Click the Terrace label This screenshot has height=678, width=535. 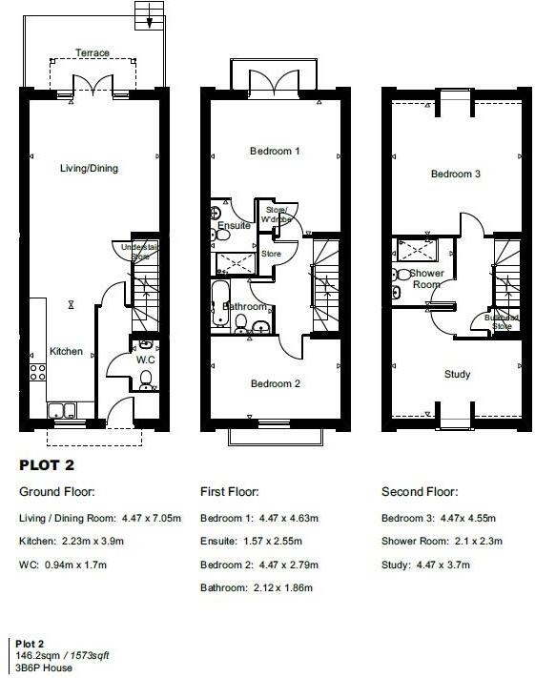click(x=93, y=53)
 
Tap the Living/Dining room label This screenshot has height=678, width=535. click(x=90, y=169)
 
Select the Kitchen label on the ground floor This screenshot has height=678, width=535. click(x=66, y=352)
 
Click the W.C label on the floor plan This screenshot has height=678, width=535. click(x=145, y=360)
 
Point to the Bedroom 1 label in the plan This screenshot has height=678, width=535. click(x=275, y=152)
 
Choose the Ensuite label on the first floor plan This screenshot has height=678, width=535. click(x=234, y=226)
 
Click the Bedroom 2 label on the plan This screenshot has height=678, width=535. click(x=275, y=384)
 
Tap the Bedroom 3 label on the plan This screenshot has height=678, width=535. click(x=455, y=175)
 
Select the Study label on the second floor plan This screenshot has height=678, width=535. click(x=458, y=375)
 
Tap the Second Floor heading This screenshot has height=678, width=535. click(x=419, y=493)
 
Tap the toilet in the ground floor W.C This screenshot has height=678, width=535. click(x=145, y=380)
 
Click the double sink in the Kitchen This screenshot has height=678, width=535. click(x=64, y=411)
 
